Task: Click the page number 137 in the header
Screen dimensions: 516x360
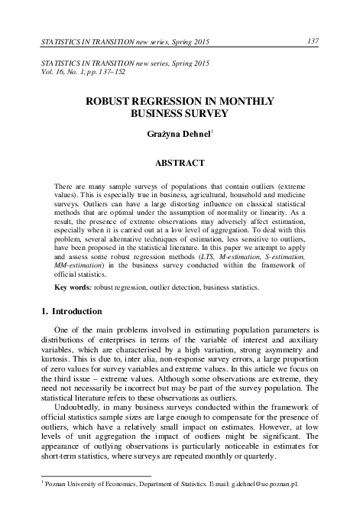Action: pos(313,40)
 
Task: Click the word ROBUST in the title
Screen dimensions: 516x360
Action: pos(120,101)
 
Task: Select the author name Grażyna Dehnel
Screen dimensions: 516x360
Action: pos(177,135)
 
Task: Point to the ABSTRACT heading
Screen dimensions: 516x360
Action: pos(180,163)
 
